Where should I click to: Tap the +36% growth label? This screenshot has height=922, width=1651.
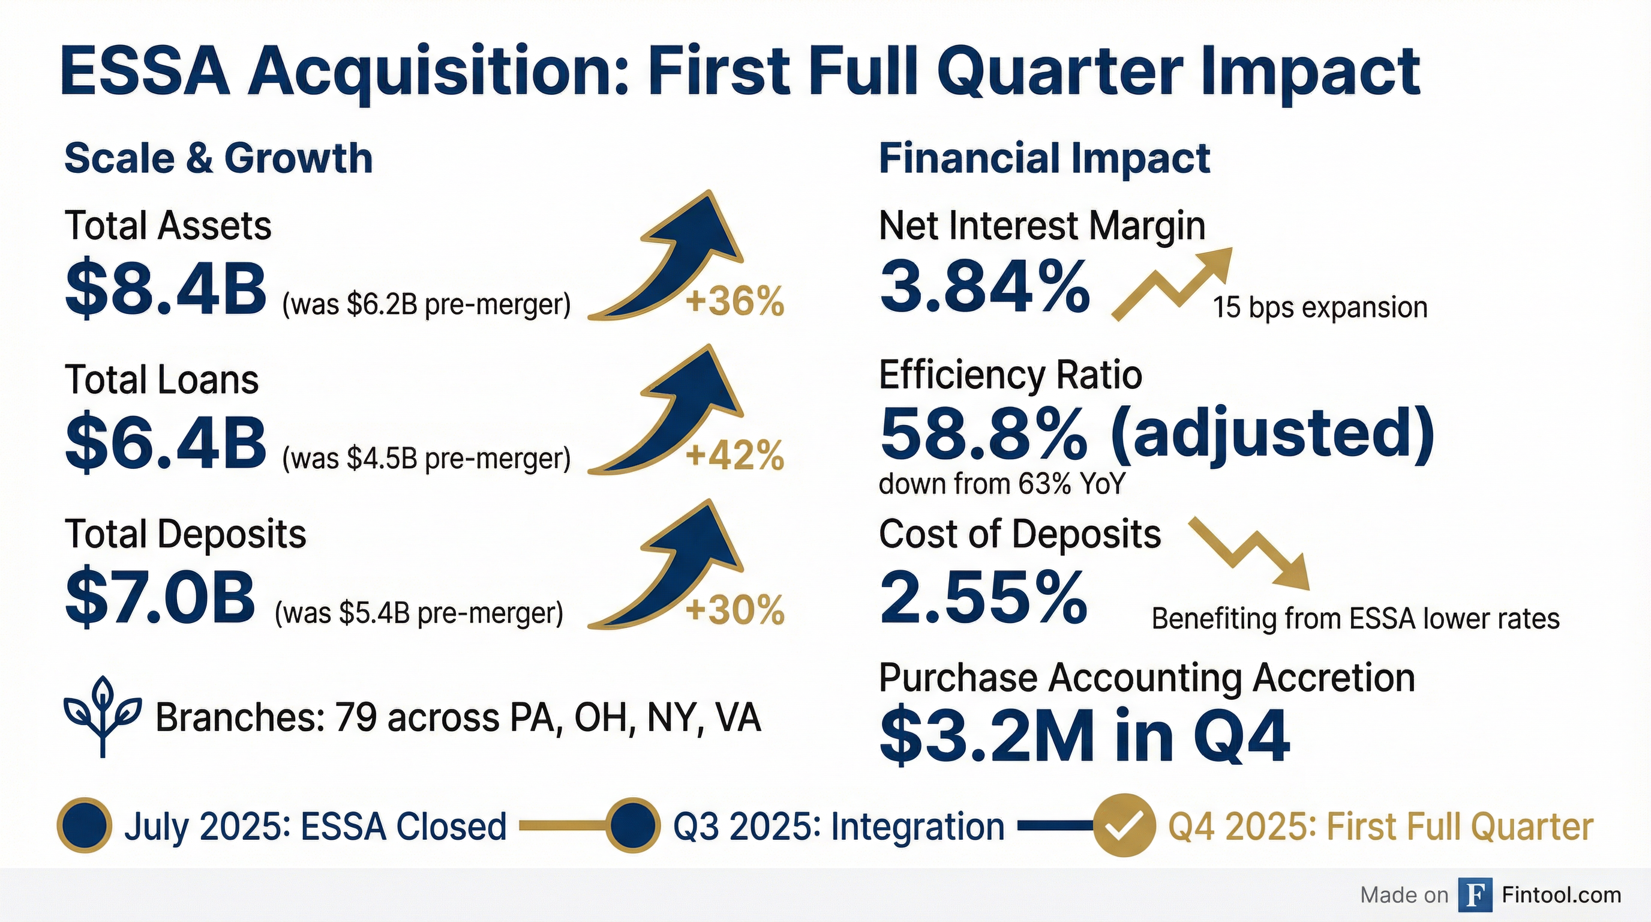[x=734, y=302]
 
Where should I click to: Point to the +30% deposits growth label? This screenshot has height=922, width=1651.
[x=734, y=610]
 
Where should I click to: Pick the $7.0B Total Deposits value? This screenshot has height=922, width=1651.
[x=160, y=598]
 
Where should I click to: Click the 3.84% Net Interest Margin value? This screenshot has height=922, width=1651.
[x=984, y=286]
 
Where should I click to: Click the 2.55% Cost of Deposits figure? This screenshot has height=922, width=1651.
[x=983, y=598]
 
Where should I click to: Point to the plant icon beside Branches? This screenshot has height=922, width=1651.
[x=103, y=716]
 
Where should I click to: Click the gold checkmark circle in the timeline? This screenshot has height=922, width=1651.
[x=1124, y=826]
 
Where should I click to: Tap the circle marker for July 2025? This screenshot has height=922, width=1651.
[x=85, y=826]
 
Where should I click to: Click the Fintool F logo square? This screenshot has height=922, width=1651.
[x=1474, y=895]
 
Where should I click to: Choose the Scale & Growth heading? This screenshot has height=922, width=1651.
[x=218, y=158]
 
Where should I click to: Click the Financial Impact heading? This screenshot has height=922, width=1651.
[x=1044, y=158]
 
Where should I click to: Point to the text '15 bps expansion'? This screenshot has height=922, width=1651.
[x=1320, y=308]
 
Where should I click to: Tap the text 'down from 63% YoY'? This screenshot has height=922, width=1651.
[x=1002, y=483]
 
